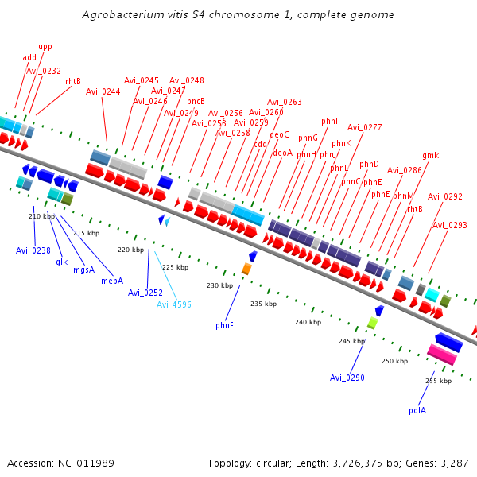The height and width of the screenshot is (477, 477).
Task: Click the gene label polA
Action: (417, 411)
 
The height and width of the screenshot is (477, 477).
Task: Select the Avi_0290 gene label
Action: (347, 378)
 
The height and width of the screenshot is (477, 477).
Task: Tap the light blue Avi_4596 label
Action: (173, 304)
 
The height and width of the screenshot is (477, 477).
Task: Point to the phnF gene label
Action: (224, 325)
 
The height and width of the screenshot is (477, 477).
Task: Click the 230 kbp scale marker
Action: (219, 285)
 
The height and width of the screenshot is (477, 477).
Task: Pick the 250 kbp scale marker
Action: (394, 361)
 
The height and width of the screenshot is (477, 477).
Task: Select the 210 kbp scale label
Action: (41, 216)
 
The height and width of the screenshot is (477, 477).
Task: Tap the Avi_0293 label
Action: (450, 225)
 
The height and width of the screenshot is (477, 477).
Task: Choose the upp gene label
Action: (45, 47)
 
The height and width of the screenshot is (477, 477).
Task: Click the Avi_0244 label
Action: (103, 91)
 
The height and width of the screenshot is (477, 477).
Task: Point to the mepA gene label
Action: (112, 281)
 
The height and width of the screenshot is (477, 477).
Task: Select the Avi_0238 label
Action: (33, 250)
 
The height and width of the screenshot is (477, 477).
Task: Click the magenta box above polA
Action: (442, 355)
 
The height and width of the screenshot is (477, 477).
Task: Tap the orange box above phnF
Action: (246, 270)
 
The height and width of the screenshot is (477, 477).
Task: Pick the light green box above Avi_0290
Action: (372, 323)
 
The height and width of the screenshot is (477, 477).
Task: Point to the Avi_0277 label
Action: (364, 127)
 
